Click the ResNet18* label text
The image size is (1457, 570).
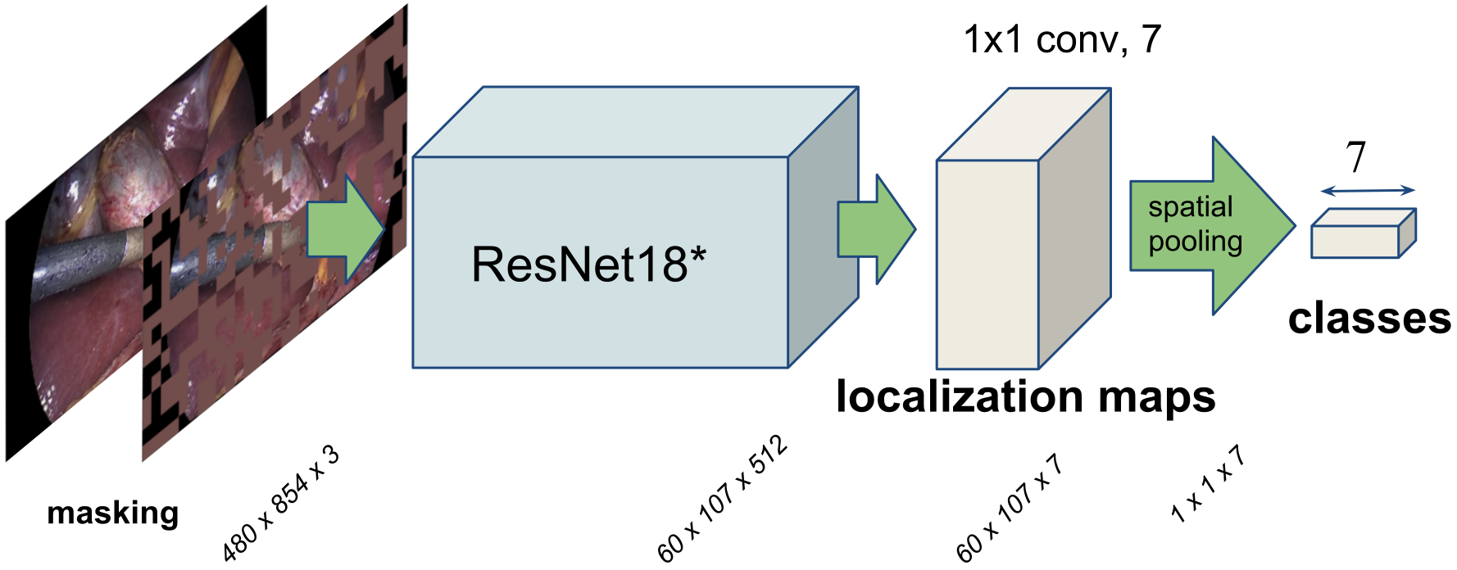point(588,265)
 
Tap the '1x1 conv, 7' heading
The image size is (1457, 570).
point(1062,39)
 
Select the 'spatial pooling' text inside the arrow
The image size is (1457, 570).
point(1194,224)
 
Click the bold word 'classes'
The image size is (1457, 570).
point(1369,319)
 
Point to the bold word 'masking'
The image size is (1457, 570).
point(112,513)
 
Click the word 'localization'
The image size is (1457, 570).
point(960,396)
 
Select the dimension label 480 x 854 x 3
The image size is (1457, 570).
point(281,504)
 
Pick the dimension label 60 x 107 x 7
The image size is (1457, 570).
point(1010,508)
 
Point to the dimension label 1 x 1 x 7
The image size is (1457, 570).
point(1208,485)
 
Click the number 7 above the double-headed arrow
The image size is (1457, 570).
point(1356,157)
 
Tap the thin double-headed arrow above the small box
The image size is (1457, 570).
point(1368,191)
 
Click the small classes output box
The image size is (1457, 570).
point(1355,242)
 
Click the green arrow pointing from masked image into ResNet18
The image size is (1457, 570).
point(345,230)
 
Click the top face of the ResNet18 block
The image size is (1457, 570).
point(635,121)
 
